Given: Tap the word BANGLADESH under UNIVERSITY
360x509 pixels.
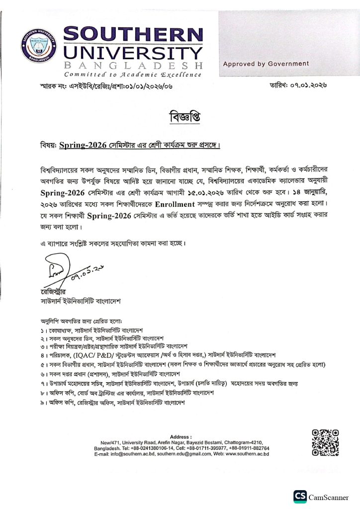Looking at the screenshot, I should pyautogui.click(x=134, y=66).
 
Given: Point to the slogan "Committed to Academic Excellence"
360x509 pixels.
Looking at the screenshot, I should pyautogui.click(x=133, y=75).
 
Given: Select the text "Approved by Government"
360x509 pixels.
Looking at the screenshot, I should pyautogui.click(x=266, y=64).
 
